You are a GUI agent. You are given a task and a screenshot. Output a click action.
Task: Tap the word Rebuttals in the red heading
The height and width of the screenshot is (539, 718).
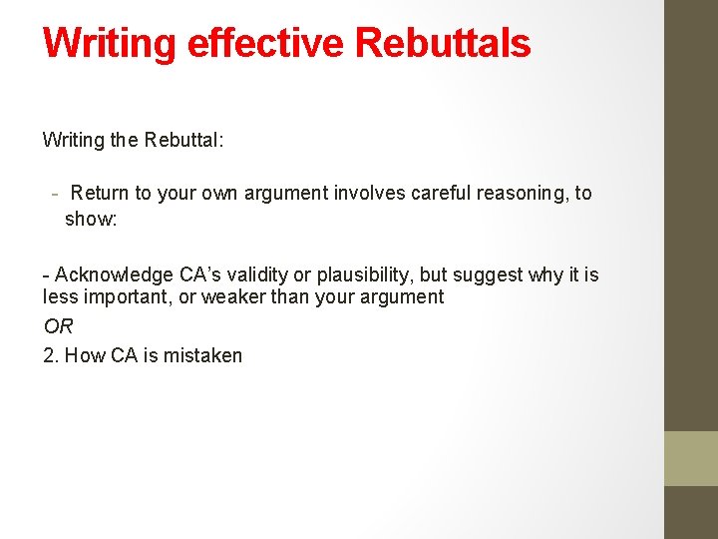(x=442, y=43)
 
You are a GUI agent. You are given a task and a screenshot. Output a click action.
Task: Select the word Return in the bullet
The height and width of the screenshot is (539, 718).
(x=99, y=193)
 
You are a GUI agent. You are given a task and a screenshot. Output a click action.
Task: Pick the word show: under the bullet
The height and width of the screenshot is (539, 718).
(x=91, y=218)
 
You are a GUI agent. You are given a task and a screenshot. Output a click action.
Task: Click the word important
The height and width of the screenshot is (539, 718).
(x=116, y=296)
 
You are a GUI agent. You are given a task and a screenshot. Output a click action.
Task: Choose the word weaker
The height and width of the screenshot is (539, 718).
(x=235, y=296)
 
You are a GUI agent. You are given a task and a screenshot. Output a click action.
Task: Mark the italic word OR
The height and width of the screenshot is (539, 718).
(x=59, y=326)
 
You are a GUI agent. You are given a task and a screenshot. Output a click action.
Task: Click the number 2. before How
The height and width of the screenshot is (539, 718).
(x=51, y=355)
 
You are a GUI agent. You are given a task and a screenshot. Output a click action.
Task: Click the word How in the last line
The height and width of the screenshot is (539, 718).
(x=83, y=355)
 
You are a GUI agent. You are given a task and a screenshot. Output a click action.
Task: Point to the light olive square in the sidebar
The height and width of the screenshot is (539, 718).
(x=691, y=458)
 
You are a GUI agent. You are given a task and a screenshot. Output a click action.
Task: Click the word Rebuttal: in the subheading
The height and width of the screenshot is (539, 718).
(x=184, y=140)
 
